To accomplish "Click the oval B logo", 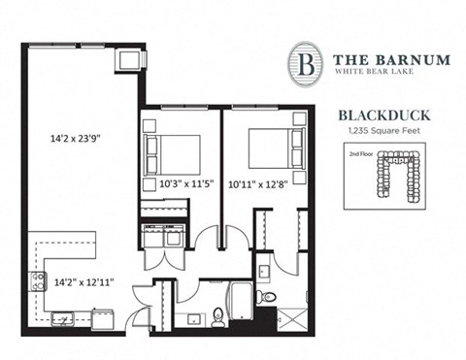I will point(306,63).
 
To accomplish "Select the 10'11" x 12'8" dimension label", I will point(256,182).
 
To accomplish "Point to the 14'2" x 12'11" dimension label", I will point(83,282).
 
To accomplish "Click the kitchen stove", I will point(38,281).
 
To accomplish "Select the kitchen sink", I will point(62,317).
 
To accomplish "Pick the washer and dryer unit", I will point(162,236).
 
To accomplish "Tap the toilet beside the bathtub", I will point(218,313).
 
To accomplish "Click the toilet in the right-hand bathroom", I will point(267,296).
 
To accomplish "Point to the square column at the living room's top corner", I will point(130,59).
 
